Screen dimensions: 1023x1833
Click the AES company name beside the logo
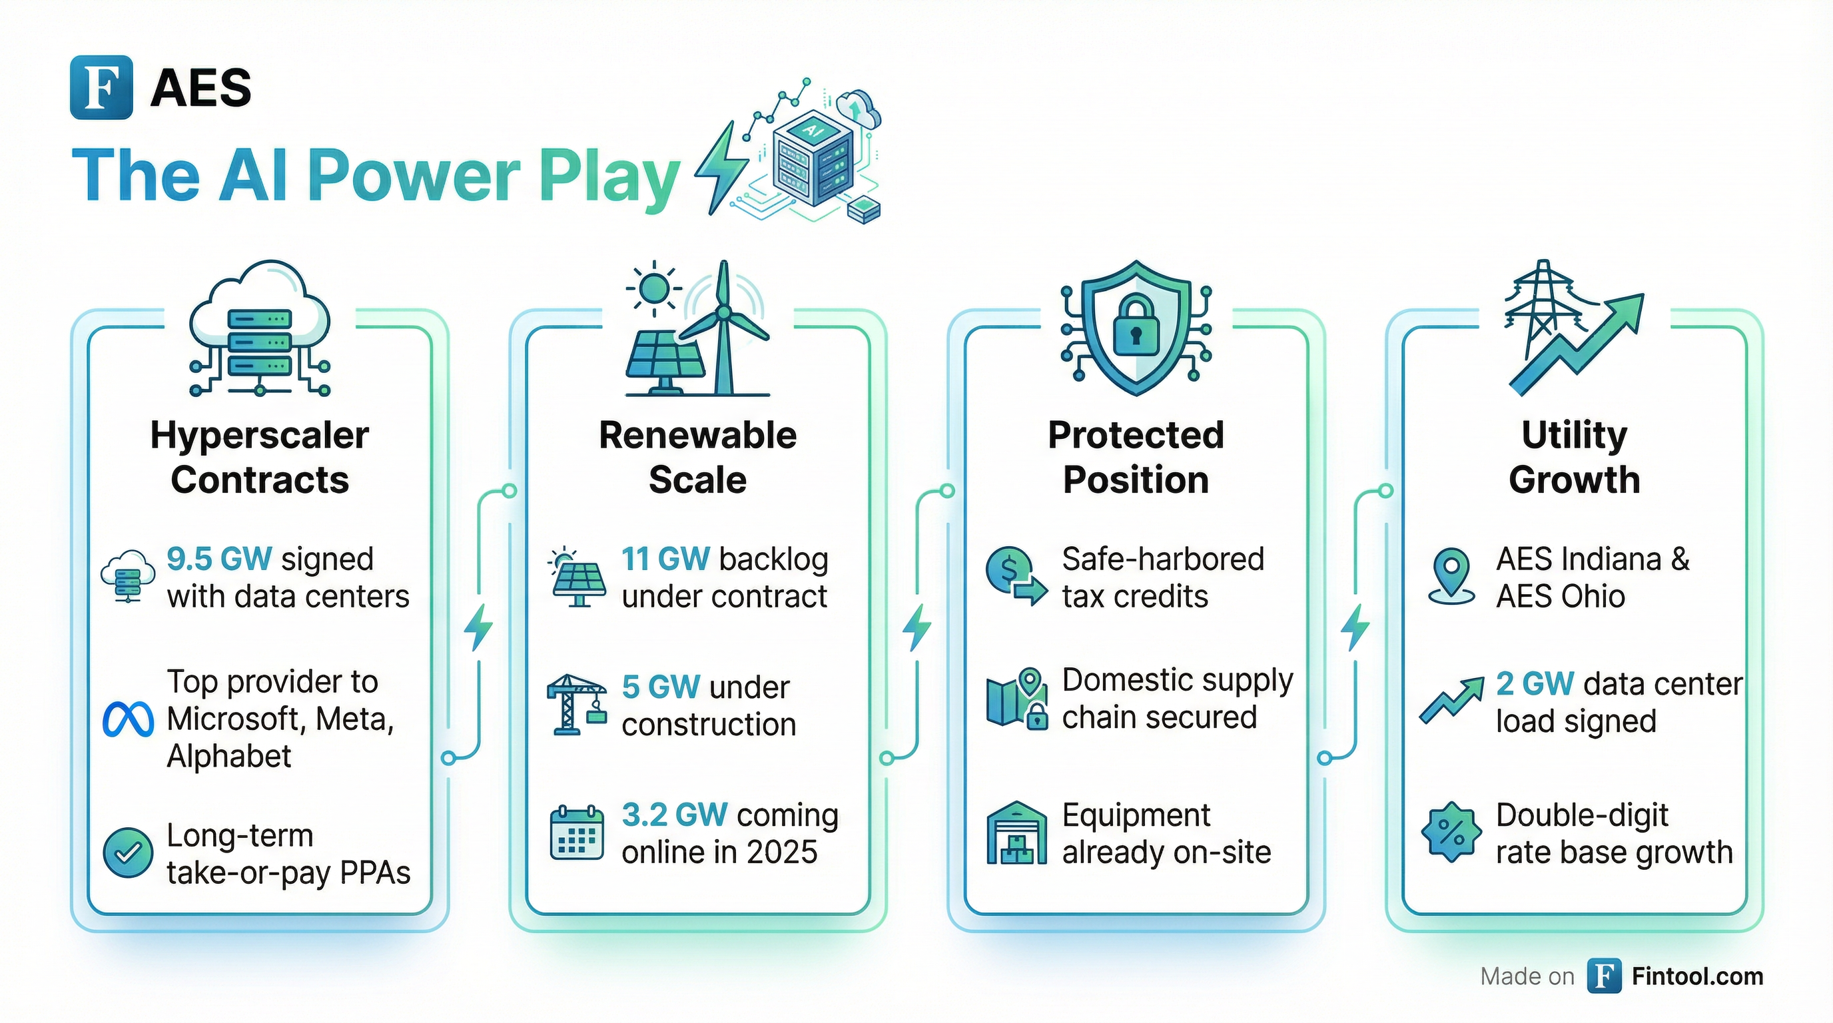pos(200,88)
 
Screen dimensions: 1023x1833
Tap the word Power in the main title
pos(415,176)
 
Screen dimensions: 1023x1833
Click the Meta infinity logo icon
pos(128,719)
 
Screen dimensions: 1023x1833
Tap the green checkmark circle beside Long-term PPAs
pos(128,853)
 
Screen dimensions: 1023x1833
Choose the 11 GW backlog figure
pos(665,559)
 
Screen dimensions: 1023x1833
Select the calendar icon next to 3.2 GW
pos(577,833)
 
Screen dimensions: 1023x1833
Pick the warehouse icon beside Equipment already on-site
pos(1017,833)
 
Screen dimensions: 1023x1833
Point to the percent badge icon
pos(1451,833)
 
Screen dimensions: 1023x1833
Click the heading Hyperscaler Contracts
pos(260,457)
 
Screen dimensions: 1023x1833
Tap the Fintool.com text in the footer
pos(1697,976)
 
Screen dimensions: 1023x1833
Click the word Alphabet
pos(229,756)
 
